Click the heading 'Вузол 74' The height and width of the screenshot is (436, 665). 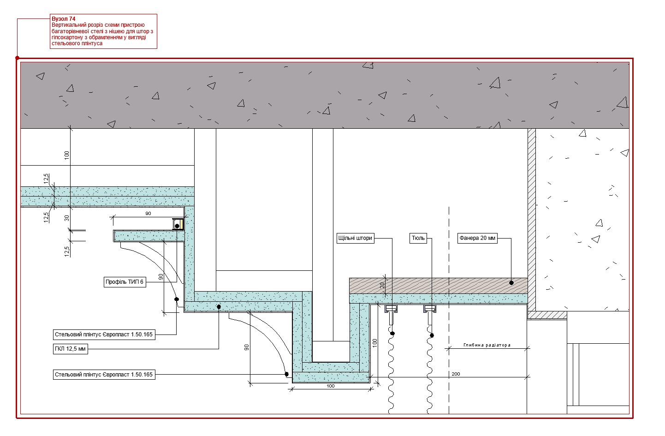[x=64, y=19]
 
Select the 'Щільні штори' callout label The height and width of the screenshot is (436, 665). [x=356, y=238]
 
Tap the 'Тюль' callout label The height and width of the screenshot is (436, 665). [x=418, y=238]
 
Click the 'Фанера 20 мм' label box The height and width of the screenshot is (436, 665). [x=477, y=238]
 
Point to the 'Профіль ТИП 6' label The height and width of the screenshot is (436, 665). [x=125, y=282]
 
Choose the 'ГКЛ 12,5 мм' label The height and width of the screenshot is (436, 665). [x=71, y=349]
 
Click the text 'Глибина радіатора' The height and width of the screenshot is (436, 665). [x=487, y=345]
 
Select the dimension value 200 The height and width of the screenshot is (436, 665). [x=456, y=374]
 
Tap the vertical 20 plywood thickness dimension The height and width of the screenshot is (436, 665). [x=382, y=285]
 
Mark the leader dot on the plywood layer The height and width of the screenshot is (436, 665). [x=511, y=283]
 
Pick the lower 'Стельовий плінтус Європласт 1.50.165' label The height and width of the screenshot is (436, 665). [x=104, y=375]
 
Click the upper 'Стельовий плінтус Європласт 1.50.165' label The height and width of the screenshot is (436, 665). [x=104, y=334]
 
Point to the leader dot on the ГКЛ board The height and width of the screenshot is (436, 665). [x=219, y=307]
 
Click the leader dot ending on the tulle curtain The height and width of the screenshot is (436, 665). [x=432, y=335]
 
